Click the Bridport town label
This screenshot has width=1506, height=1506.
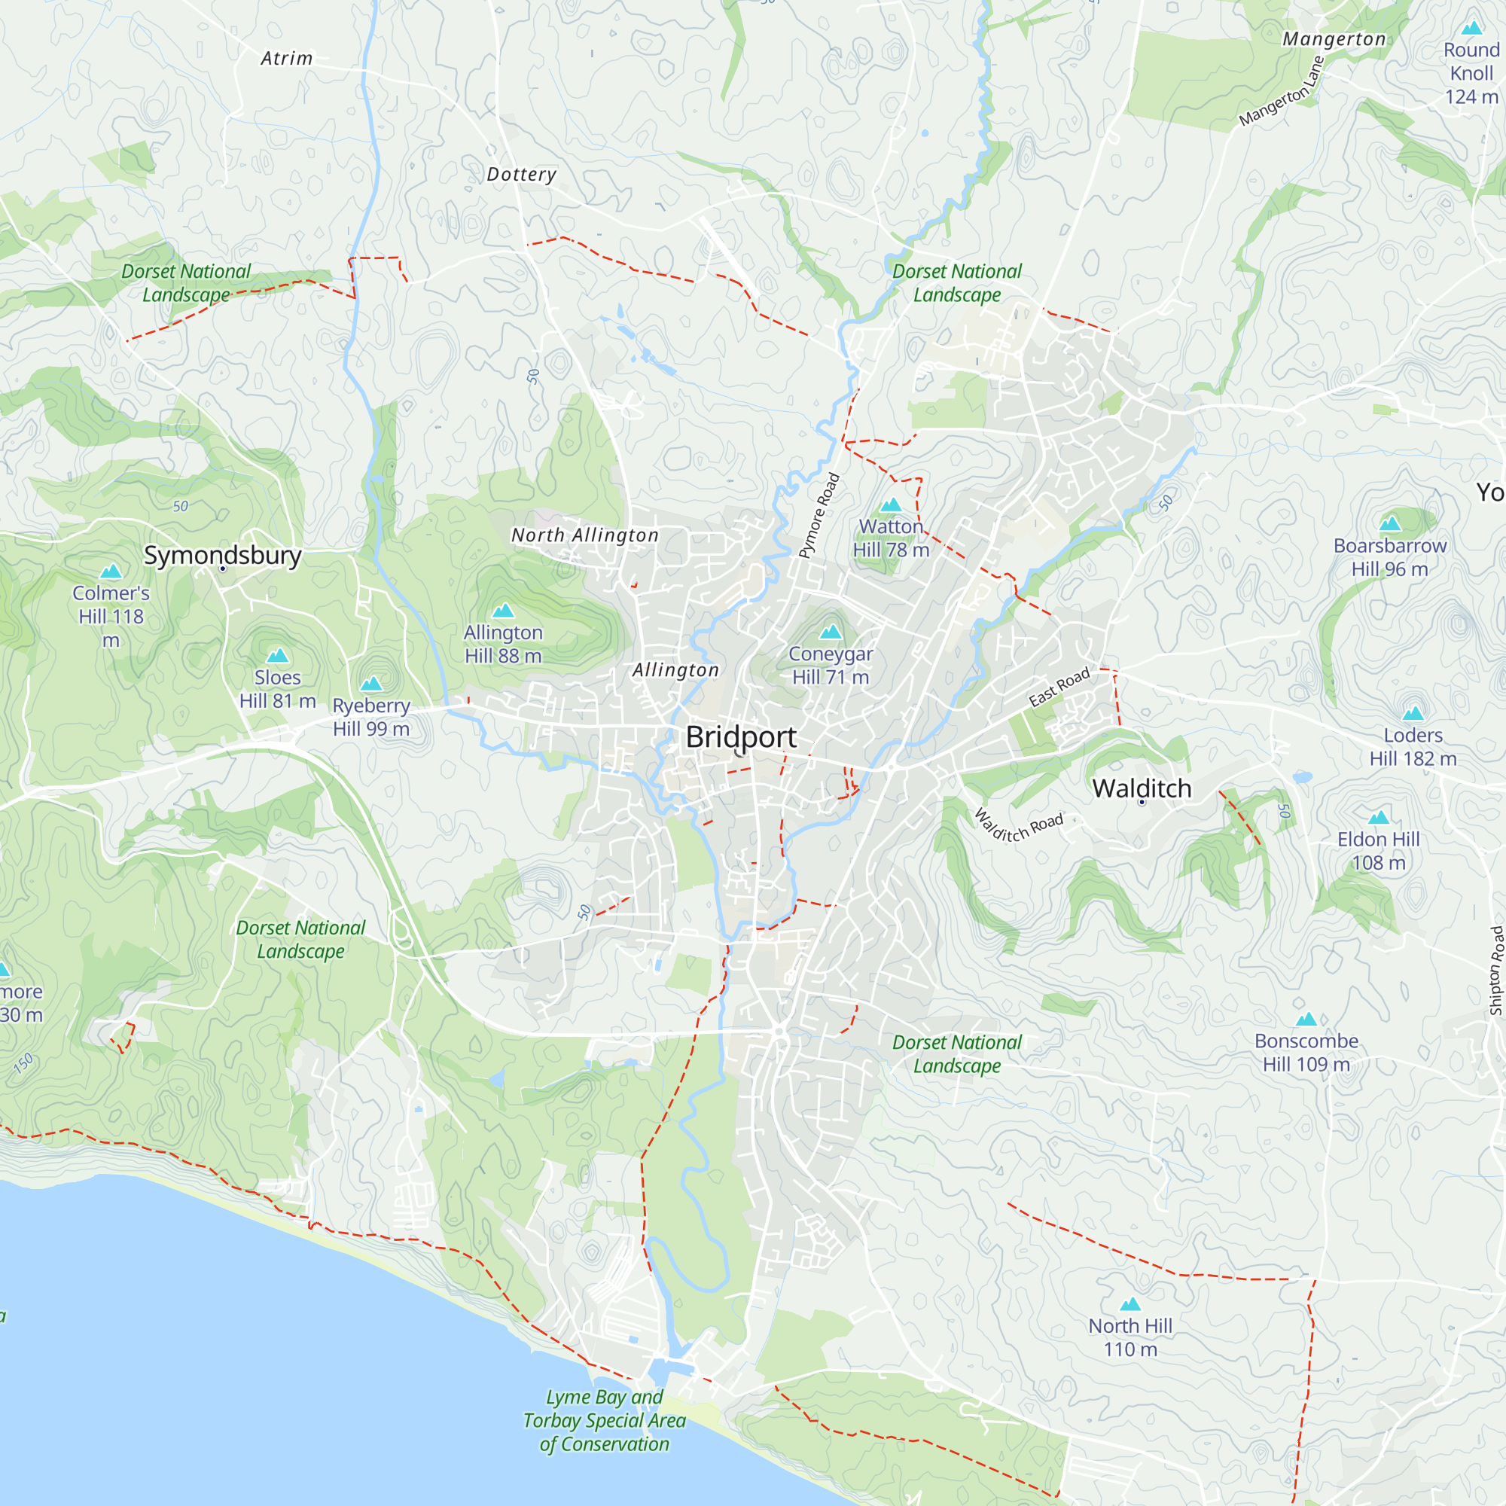pos(740,736)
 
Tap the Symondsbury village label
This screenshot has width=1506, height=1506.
pos(222,555)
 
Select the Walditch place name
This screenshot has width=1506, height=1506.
pos(1142,788)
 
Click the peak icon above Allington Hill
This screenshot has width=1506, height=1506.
pos(504,611)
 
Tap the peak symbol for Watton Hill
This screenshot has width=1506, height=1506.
pos(891,505)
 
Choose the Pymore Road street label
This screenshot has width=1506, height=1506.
pos(819,515)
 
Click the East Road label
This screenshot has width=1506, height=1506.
pos(1059,687)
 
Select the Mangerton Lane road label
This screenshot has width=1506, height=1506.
pos(1282,91)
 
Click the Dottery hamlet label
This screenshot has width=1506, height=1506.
pos(522,174)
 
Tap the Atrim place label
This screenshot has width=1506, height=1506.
pos(286,59)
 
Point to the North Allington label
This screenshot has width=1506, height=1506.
pos(584,535)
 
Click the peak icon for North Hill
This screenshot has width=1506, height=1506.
pos(1130,1304)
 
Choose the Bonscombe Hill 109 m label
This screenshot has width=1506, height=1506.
pos(1306,1053)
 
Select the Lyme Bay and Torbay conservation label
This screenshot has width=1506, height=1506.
pos(604,1420)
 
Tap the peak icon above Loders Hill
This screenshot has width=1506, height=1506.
pos(1413,712)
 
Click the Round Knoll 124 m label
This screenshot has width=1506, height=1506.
pos(1471,73)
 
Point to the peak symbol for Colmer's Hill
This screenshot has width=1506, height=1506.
pos(111,572)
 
